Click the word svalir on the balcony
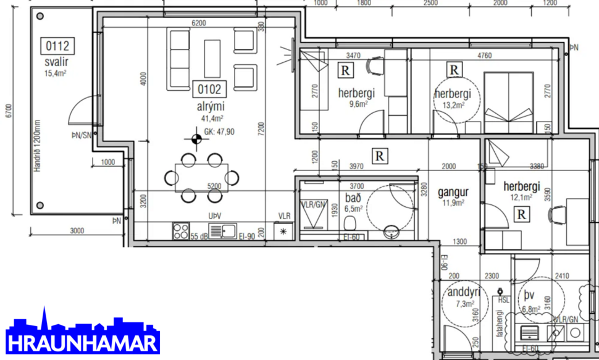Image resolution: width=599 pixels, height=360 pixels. click(56, 62)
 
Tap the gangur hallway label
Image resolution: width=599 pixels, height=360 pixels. click(453, 191)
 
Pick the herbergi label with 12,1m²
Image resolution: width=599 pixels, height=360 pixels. click(521, 186)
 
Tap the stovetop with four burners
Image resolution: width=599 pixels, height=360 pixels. click(180, 232)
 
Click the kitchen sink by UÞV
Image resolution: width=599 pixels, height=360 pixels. click(222, 232)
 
